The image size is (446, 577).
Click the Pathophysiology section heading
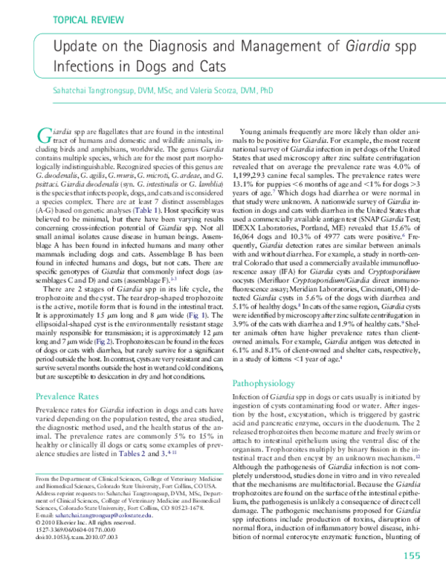(x=268, y=342)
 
